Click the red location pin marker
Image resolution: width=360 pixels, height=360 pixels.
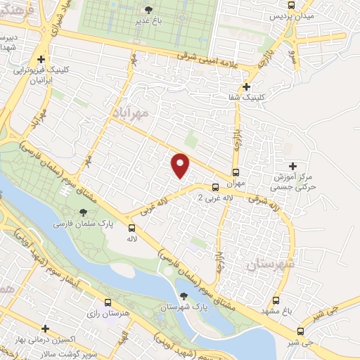pyautogui.click(x=181, y=165)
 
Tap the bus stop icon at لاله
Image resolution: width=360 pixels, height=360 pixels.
pyautogui.click(x=131, y=227)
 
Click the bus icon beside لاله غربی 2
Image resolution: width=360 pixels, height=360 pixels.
pyautogui.click(x=215, y=187)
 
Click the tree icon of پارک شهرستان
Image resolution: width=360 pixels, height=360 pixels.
pyautogui.click(x=184, y=296)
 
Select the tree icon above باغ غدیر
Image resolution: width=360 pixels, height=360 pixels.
pyautogui.click(x=147, y=10)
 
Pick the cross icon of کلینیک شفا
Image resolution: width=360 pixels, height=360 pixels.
pyautogui.click(x=245, y=86)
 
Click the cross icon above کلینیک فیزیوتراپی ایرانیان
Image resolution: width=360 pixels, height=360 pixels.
pyautogui.click(x=41, y=60)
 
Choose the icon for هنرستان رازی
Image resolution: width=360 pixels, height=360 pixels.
pyautogui.click(x=107, y=302)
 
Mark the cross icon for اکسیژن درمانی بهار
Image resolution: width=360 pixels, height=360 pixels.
pyautogui.click(x=45, y=328)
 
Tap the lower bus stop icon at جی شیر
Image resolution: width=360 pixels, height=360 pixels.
pyautogui.click(x=300, y=331)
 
